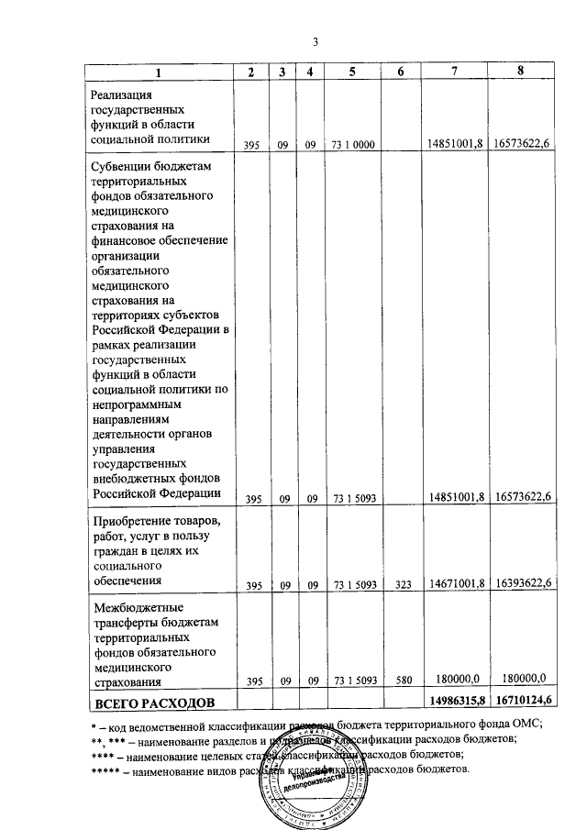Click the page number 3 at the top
click(315, 41)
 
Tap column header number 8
click(520, 72)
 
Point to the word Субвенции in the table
click(122, 167)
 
